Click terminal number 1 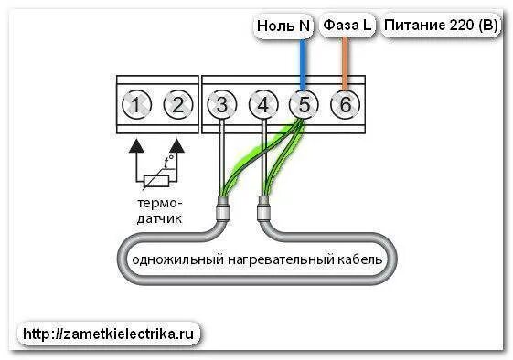pyautogui.click(x=135, y=106)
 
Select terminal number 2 pyautogui.click(x=178, y=106)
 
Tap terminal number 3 pyautogui.click(x=221, y=106)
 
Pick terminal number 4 pyautogui.click(x=262, y=106)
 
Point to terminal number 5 pyautogui.click(x=303, y=106)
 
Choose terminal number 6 pyautogui.click(x=344, y=106)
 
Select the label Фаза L pyautogui.click(x=347, y=26)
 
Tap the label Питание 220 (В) pyautogui.click(x=441, y=26)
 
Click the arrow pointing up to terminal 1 pyautogui.click(x=135, y=143)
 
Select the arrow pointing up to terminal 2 pyautogui.click(x=177, y=143)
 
